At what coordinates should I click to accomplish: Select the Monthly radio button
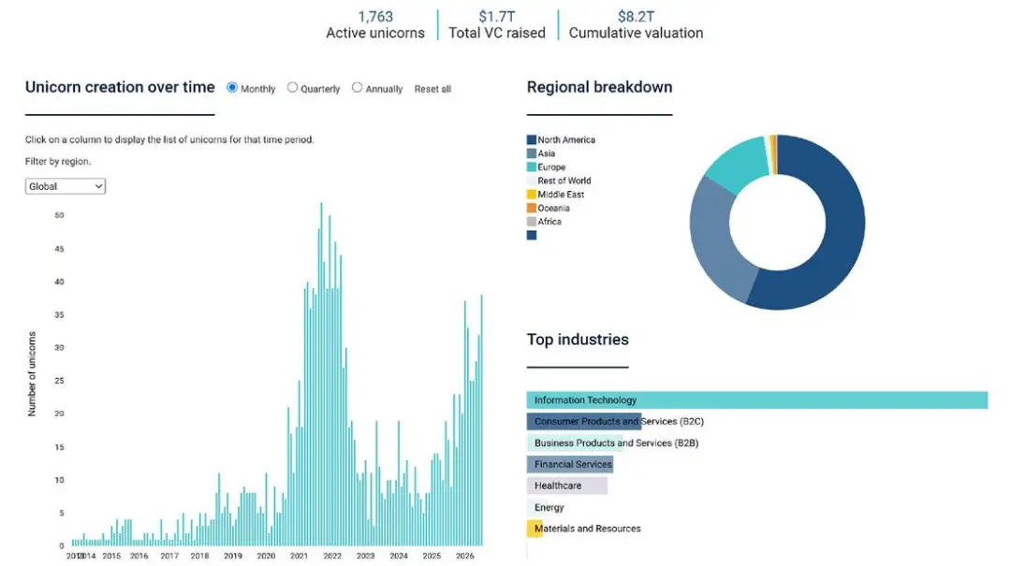click(232, 88)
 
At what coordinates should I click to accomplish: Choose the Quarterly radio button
click(293, 88)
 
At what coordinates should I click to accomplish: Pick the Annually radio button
click(358, 88)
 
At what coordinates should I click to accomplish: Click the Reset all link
click(432, 89)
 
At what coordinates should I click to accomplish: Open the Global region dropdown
click(66, 186)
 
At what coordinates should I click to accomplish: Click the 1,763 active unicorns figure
click(375, 17)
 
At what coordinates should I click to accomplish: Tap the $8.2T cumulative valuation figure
click(636, 17)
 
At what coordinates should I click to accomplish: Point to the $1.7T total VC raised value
click(496, 17)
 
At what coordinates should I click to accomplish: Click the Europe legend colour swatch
click(532, 167)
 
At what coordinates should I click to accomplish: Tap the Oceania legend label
click(554, 209)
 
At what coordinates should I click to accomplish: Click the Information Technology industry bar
click(757, 399)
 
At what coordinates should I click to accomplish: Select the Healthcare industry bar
click(566, 486)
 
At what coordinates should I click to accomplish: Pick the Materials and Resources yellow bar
click(535, 529)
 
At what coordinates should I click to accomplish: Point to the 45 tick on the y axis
click(59, 249)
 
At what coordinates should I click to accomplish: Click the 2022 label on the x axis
click(332, 556)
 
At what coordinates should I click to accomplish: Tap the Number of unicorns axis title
click(32, 374)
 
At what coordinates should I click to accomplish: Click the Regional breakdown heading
click(600, 87)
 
